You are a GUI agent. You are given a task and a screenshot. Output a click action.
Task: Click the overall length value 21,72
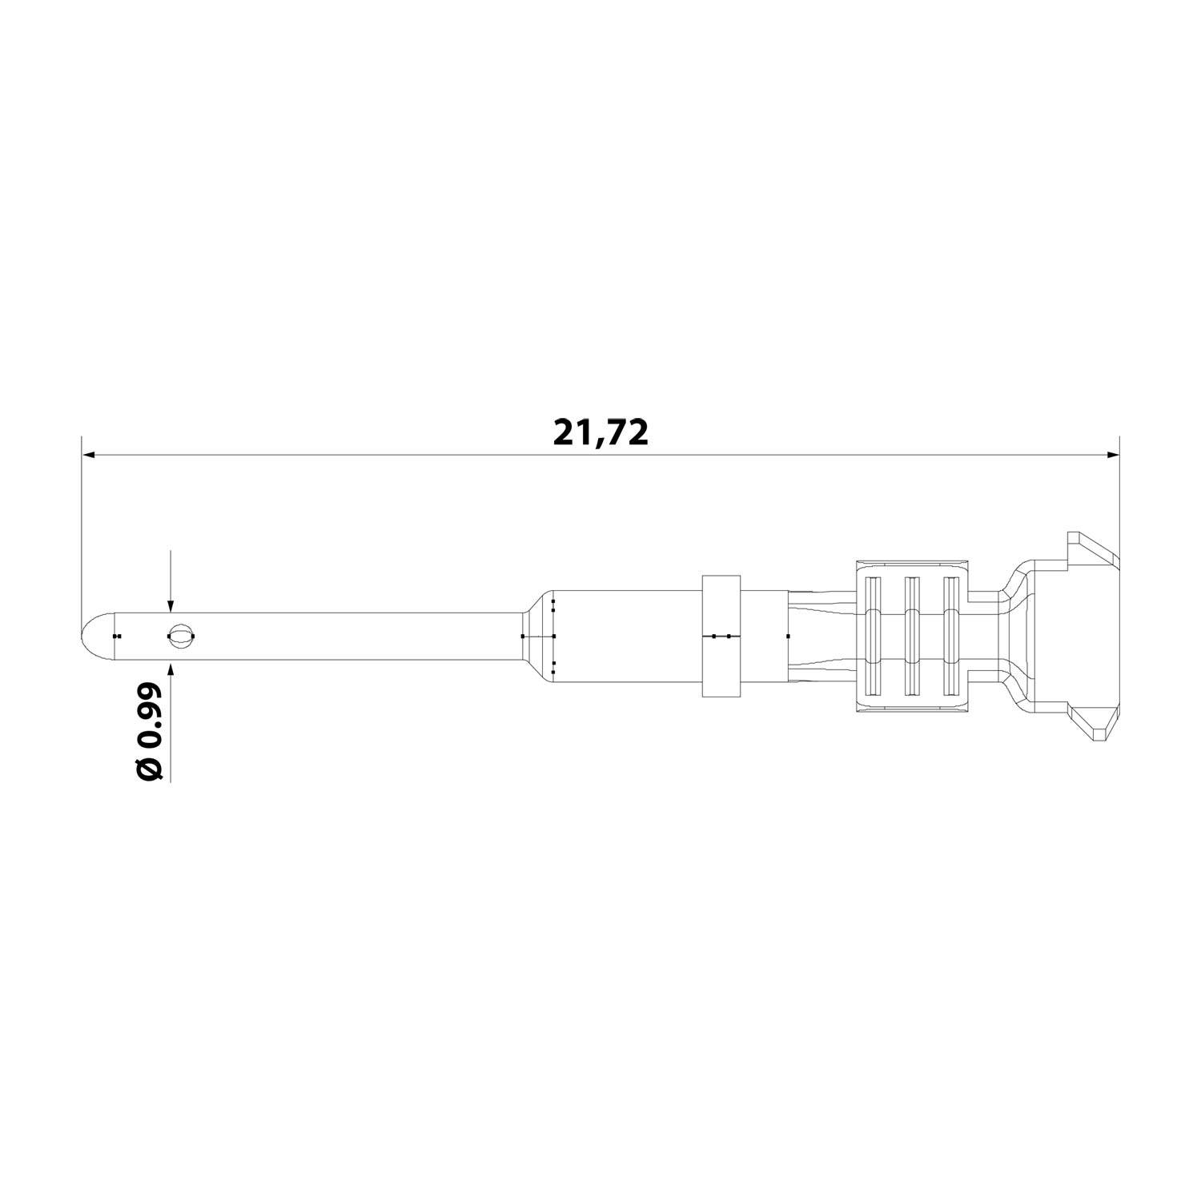(x=600, y=432)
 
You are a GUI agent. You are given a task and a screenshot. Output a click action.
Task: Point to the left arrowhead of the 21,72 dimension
(x=90, y=456)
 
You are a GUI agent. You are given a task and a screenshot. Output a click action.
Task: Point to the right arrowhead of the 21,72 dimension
(x=1112, y=456)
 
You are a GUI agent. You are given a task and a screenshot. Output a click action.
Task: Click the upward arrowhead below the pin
(x=170, y=667)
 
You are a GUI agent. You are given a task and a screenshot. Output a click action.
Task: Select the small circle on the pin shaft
(x=181, y=636)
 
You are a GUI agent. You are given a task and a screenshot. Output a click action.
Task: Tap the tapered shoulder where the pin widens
(x=536, y=636)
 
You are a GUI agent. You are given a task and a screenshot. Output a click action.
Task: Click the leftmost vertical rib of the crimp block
(x=874, y=636)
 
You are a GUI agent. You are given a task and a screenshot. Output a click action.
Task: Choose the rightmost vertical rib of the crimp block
(x=950, y=636)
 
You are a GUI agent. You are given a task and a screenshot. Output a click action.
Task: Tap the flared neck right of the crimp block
(x=1013, y=636)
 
